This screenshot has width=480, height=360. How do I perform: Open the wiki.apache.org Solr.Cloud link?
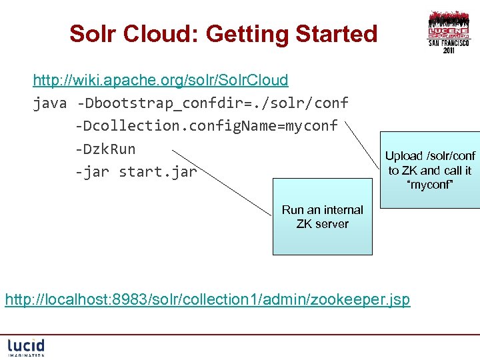(161, 81)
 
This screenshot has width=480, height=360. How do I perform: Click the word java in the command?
(50, 103)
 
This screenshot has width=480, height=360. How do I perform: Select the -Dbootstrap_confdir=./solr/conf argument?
(213, 103)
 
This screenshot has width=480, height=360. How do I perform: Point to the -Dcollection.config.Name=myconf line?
(207, 126)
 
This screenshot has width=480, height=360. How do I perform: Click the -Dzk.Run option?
(105, 149)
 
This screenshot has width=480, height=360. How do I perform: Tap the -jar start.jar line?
(136, 172)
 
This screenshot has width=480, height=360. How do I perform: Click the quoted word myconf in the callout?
(429, 185)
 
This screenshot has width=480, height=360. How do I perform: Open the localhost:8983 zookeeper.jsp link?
(207, 300)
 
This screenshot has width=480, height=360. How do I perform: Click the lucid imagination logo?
(26, 347)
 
